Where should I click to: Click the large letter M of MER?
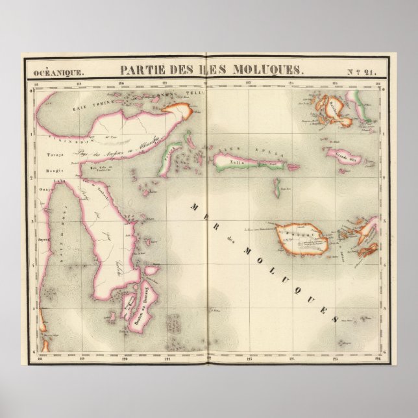tap(195, 206)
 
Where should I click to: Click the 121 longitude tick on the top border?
tap(164, 83)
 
